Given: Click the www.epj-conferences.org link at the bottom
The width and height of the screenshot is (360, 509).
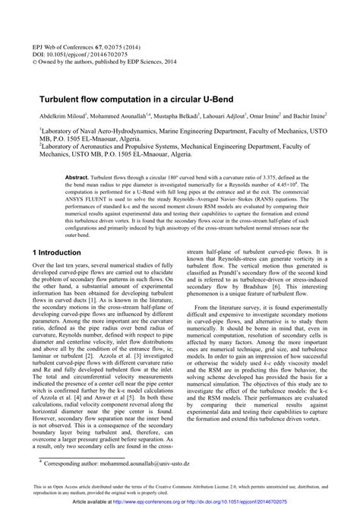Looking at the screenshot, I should point(175,502).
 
